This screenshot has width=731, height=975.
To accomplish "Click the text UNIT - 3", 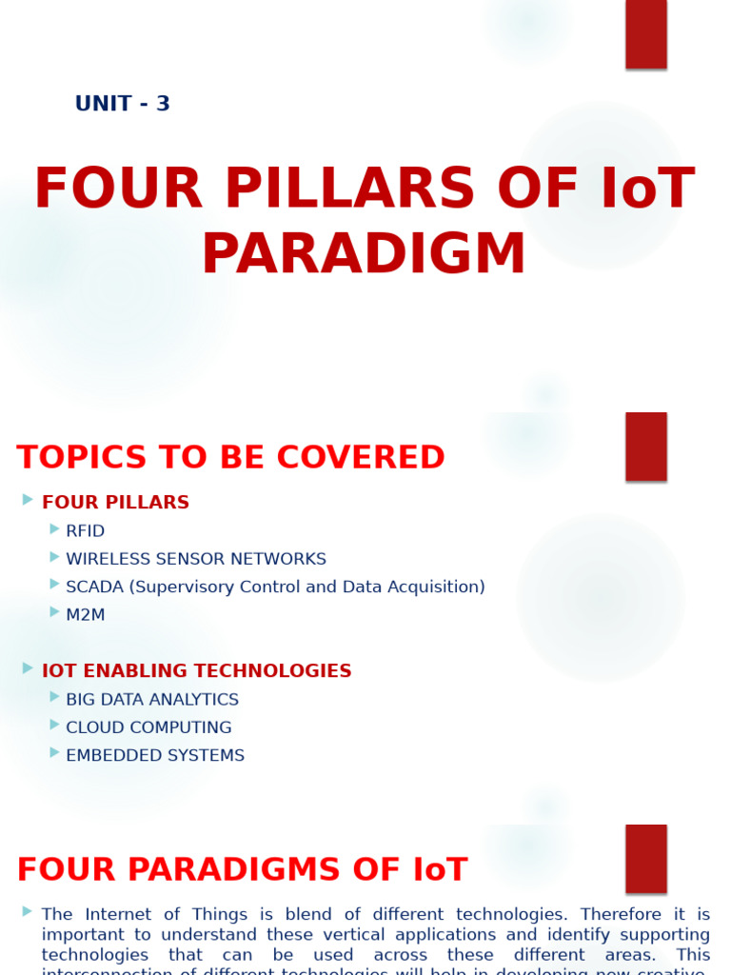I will coord(122,104).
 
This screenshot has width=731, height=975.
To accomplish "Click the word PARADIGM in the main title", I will coord(364,255).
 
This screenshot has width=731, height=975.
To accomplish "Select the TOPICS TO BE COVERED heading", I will coord(230,458).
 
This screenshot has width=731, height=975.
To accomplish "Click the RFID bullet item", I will coord(85,531).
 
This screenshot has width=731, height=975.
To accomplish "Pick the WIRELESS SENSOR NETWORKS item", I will coord(195,559).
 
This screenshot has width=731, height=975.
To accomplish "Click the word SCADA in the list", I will coord(95,587).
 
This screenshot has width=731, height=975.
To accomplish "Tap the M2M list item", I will coord(85,615).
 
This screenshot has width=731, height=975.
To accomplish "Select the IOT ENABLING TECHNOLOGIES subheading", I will coord(196,671).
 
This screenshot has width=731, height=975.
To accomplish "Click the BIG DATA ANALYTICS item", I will coord(152,700).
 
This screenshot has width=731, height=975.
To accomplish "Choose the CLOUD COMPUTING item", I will coord(148,727).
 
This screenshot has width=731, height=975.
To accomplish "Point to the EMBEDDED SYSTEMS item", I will coord(155,755).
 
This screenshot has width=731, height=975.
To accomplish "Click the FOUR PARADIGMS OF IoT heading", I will coord(242,870).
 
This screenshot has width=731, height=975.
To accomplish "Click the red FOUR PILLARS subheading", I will coord(115,503).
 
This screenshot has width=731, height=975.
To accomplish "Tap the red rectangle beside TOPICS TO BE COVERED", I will coord(645,447).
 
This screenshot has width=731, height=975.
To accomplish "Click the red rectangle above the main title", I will coord(645,33).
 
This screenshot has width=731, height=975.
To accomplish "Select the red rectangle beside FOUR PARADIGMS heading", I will coord(645,859).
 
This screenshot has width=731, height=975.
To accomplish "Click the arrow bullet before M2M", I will coord(55,612).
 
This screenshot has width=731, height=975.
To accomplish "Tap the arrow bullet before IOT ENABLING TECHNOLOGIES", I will coord(29,668).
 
